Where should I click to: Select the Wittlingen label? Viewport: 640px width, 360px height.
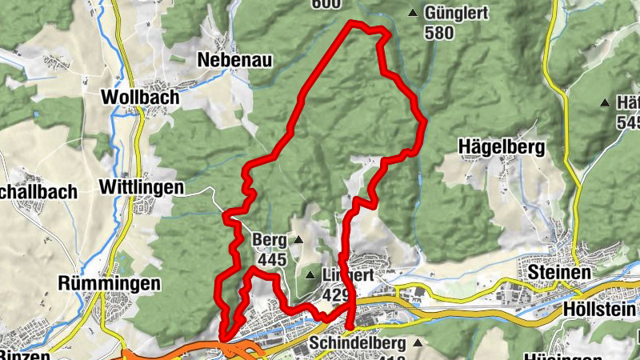[140, 187]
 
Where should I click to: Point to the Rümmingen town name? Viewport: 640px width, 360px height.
[110, 283]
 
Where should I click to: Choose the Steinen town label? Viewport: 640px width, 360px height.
[559, 273]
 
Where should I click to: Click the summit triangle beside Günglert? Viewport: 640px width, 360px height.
[413, 13]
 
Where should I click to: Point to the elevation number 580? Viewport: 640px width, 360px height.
[439, 33]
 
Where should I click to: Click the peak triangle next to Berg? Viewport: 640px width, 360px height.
[298, 239]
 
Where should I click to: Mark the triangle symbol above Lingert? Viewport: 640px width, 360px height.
[310, 276]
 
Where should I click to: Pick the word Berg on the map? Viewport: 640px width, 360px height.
[268, 239]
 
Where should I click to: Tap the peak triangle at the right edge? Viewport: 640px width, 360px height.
[604, 102]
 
